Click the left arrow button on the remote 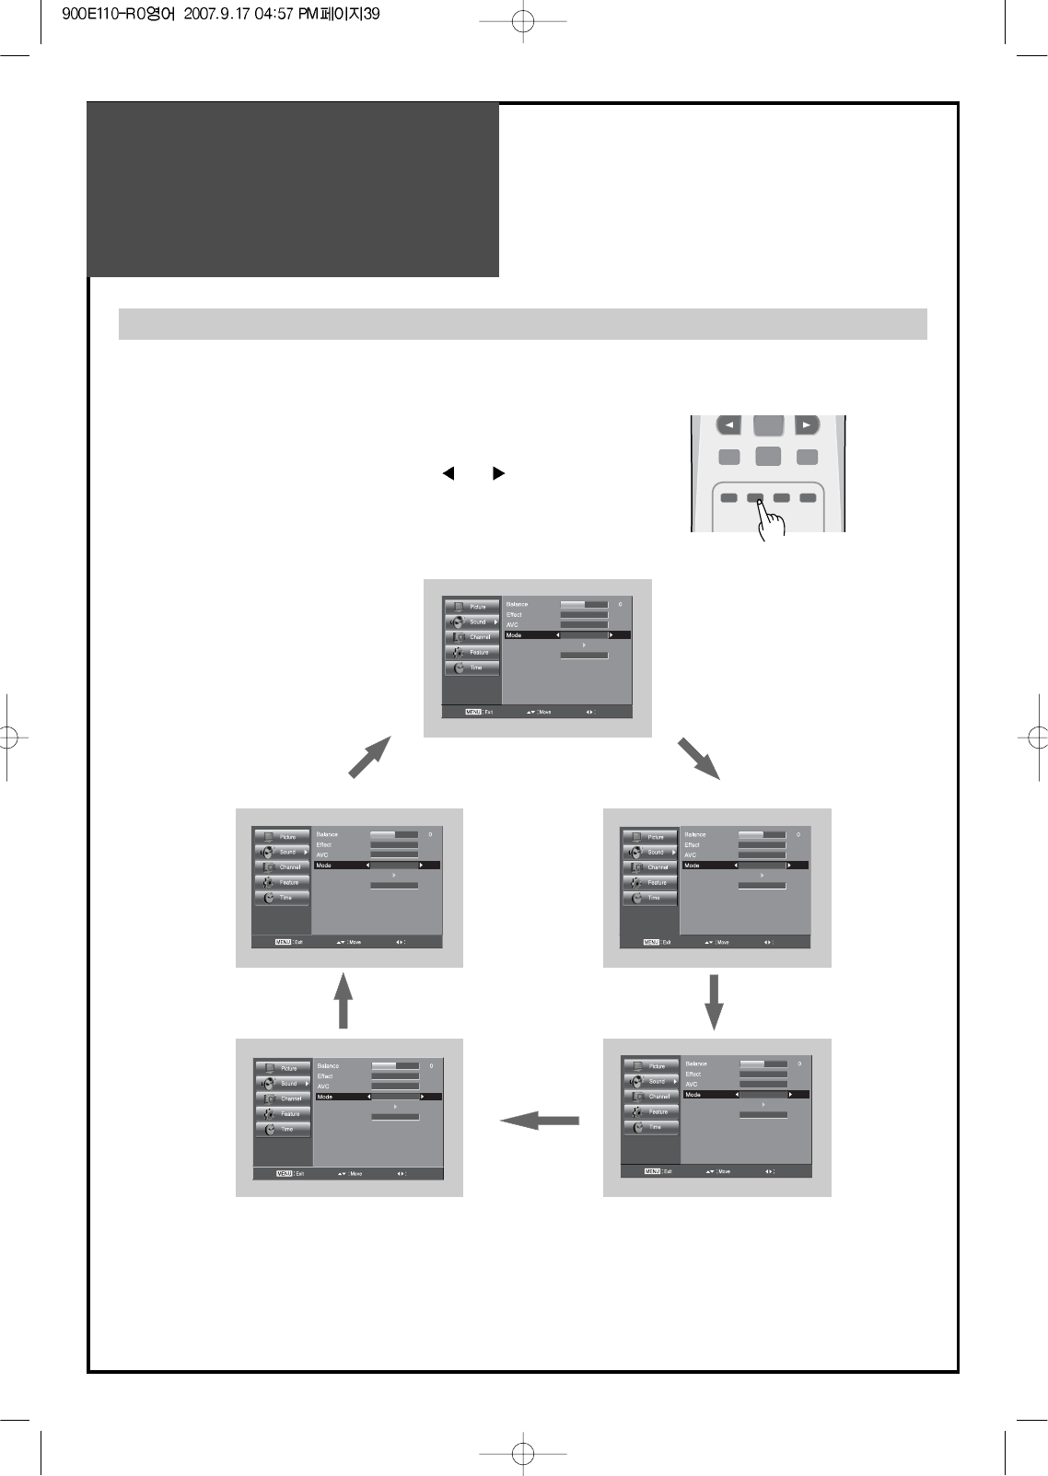coord(728,425)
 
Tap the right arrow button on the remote coord(807,425)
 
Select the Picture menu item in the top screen coord(472,607)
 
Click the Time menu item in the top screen coord(472,668)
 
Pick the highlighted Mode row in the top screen coord(566,635)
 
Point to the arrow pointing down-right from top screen coord(698,758)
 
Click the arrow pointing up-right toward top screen coord(370,758)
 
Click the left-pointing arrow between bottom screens coord(541,1121)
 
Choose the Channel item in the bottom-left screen coord(284,1098)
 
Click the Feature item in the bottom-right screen coord(651,1112)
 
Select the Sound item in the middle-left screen coord(282,852)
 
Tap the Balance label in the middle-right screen coord(695,835)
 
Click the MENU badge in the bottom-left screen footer coord(284,1174)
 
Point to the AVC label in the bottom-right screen coord(692,1085)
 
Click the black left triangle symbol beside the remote coord(448,473)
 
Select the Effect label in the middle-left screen coord(324,845)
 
